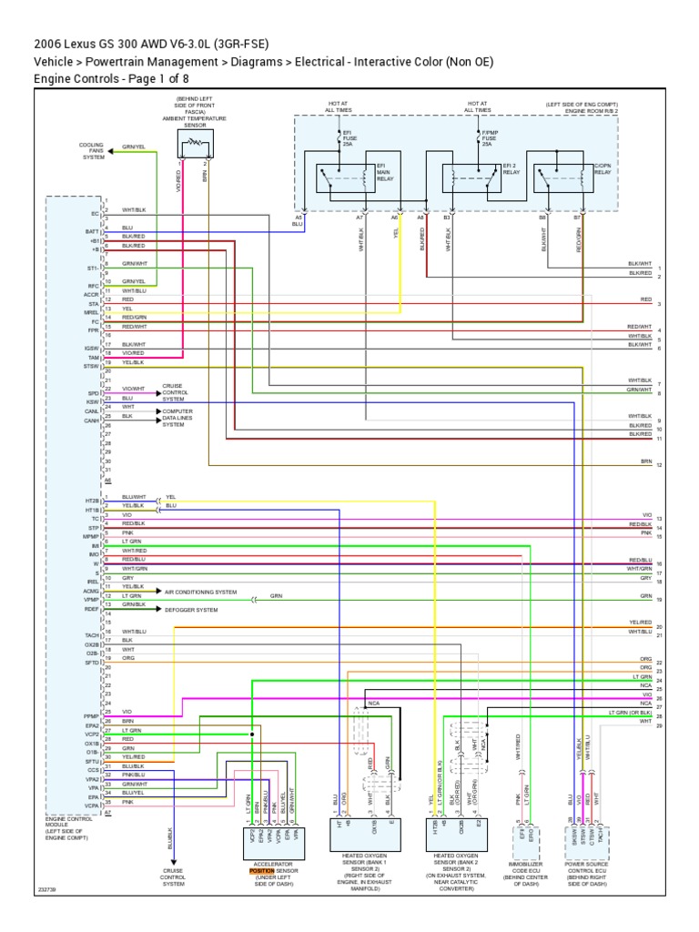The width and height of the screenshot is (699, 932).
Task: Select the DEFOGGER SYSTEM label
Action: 190,609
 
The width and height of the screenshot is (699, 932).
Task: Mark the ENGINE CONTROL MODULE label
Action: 69,825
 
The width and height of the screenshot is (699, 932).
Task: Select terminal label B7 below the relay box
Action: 577,218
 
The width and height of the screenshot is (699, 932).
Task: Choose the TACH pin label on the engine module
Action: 91,634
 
